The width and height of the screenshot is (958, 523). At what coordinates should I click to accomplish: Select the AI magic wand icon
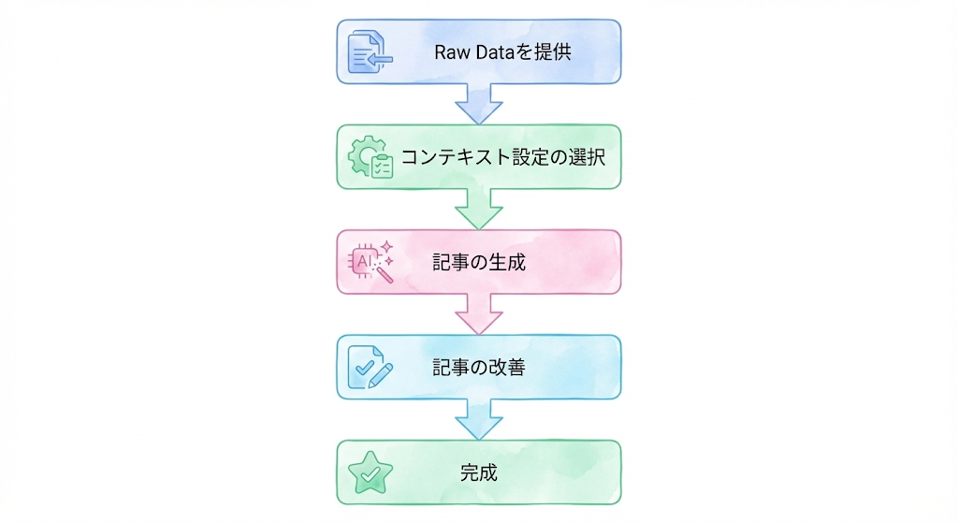[x=370, y=262]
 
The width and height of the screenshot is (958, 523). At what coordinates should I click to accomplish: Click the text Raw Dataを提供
[x=502, y=52]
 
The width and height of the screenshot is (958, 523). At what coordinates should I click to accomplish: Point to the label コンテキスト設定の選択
[x=503, y=157]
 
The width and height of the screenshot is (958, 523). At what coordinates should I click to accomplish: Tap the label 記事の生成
[x=478, y=263]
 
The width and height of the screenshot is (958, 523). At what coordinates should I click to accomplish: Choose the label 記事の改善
[x=478, y=368]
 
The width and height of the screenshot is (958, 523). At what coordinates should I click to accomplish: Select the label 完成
[x=478, y=473]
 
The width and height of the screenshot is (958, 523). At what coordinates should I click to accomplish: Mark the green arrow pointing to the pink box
[x=478, y=207]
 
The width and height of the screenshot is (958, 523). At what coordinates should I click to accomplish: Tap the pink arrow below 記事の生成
[x=478, y=312]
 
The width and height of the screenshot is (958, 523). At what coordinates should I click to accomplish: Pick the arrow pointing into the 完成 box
[x=478, y=417]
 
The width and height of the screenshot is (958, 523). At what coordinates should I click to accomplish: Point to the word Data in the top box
[x=494, y=52]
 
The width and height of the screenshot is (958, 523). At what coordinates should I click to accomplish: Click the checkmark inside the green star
[x=370, y=475]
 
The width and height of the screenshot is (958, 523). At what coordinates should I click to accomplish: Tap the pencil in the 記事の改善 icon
[x=381, y=374]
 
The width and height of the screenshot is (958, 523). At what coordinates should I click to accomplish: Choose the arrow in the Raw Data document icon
[x=379, y=60]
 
